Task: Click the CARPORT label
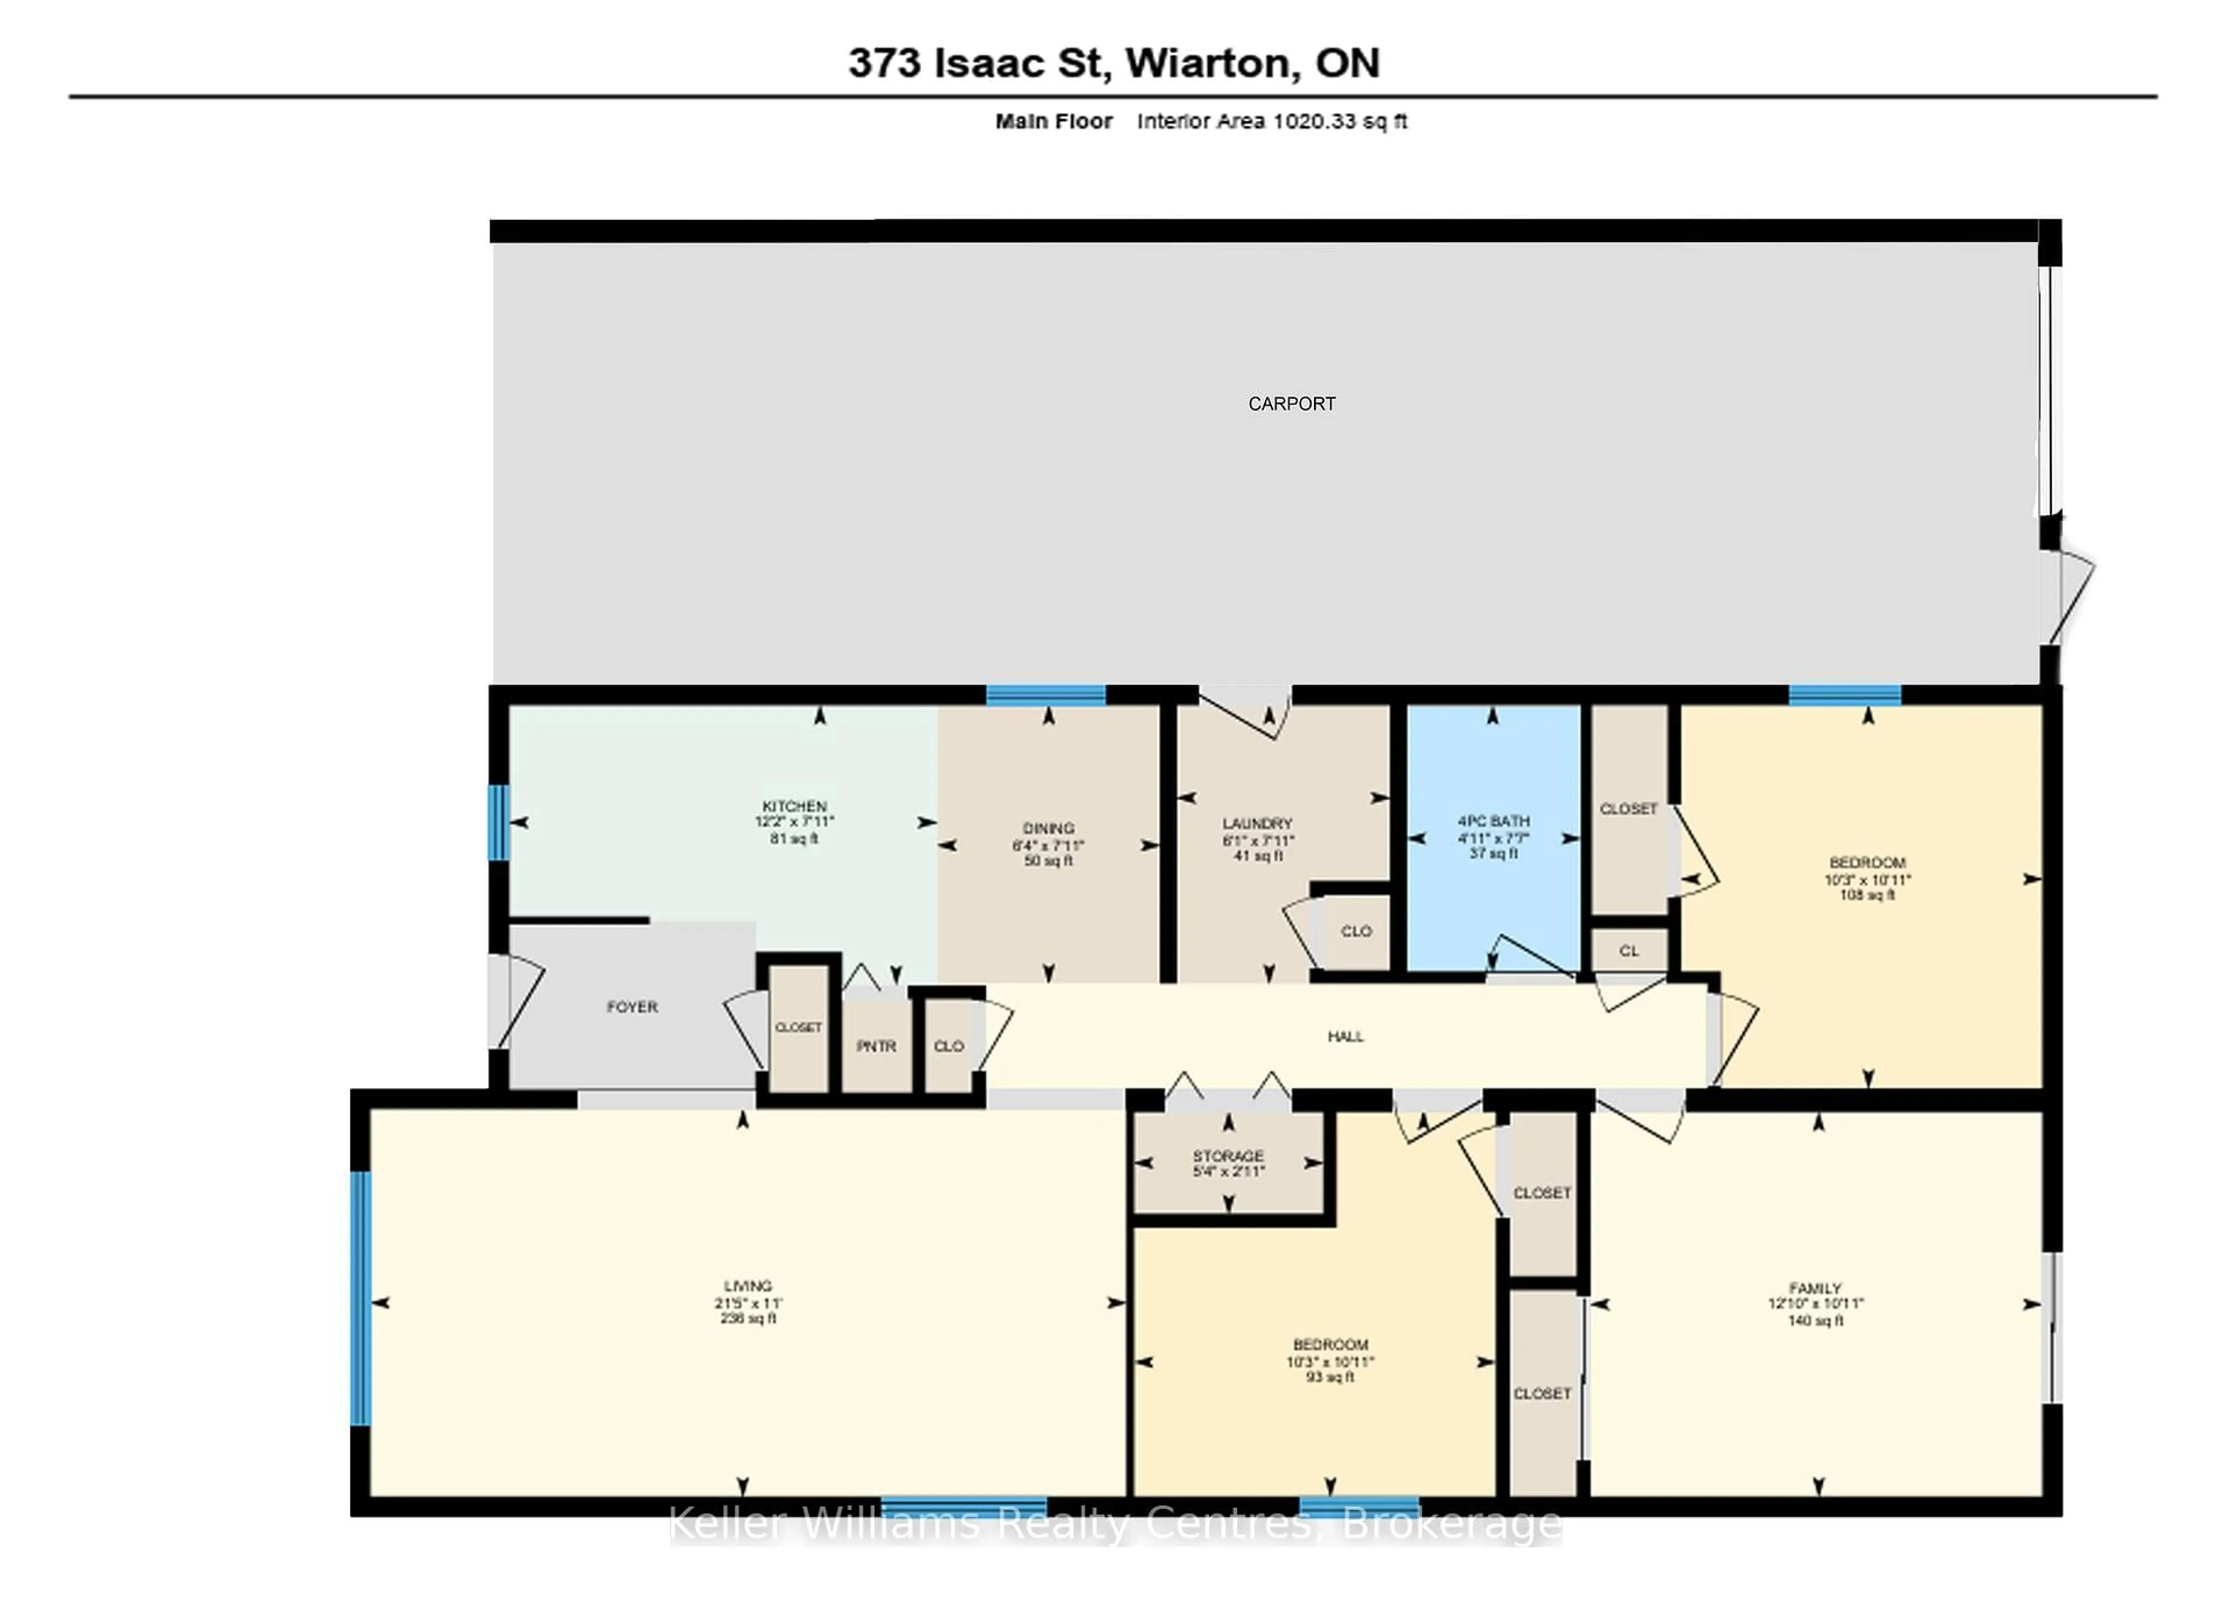[1291, 403]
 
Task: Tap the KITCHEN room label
[794, 805]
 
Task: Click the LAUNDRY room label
[1257, 823]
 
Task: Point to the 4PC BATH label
[1493, 821]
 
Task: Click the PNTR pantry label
[876, 1046]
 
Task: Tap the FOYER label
[632, 1006]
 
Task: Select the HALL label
[1345, 1036]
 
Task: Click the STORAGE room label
[1228, 1155]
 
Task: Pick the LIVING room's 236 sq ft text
[748, 1318]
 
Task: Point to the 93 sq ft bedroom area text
[1329, 1377]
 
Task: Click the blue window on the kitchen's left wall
[499, 822]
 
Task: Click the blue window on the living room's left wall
[361, 1298]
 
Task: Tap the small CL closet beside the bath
[1629, 951]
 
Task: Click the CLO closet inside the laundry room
[1355, 931]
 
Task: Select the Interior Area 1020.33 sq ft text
[1272, 121]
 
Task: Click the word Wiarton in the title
[1207, 63]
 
